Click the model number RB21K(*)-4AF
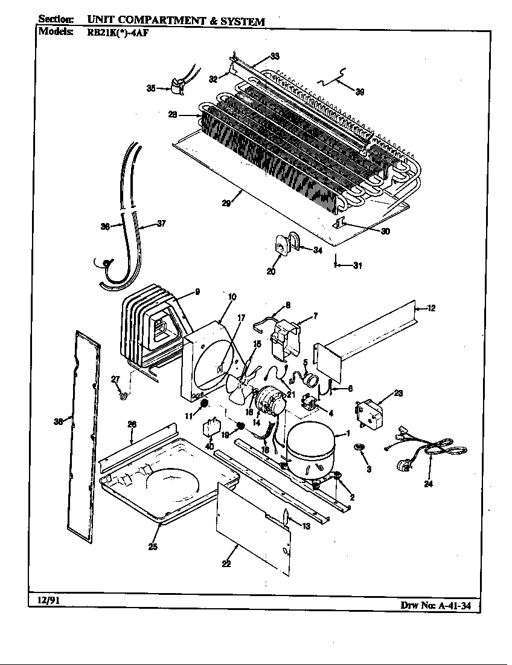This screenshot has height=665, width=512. point(114,33)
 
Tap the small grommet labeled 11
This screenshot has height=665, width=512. point(204,403)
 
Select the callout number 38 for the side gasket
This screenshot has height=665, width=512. point(58,422)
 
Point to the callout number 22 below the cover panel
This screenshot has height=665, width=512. point(226,563)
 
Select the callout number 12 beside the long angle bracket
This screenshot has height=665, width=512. point(431,308)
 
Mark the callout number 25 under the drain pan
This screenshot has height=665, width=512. point(153,547)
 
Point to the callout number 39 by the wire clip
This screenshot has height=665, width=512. point(359,92)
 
